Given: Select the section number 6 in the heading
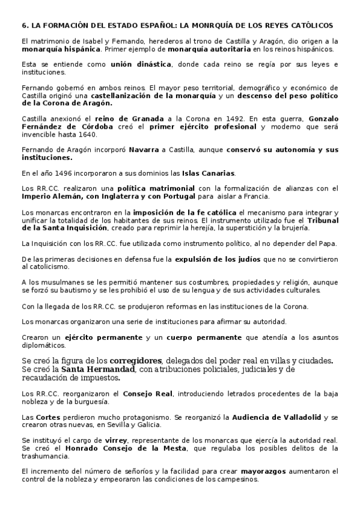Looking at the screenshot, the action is pyautogui.click(x=23, y=26).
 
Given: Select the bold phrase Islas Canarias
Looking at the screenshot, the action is pyautogui.click(x=208, y=173).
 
